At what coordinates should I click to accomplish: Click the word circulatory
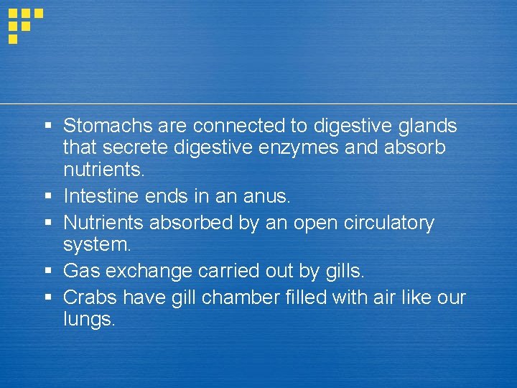pyautogui.click(x=383, y=223)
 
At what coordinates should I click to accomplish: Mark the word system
pyautogui.click(x=96, y=245)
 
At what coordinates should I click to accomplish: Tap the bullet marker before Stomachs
pyautogui.click(x=48, y=126)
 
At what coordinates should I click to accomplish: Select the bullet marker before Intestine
pyautogui.click(x=48, y=195)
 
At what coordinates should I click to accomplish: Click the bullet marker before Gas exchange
pyautogui.click(x=48, y=271)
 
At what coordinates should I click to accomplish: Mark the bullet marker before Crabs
pyautogui.click(x=48, y=297)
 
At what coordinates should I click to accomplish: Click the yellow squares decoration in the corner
pyautogui.click(x=24, y=23)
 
